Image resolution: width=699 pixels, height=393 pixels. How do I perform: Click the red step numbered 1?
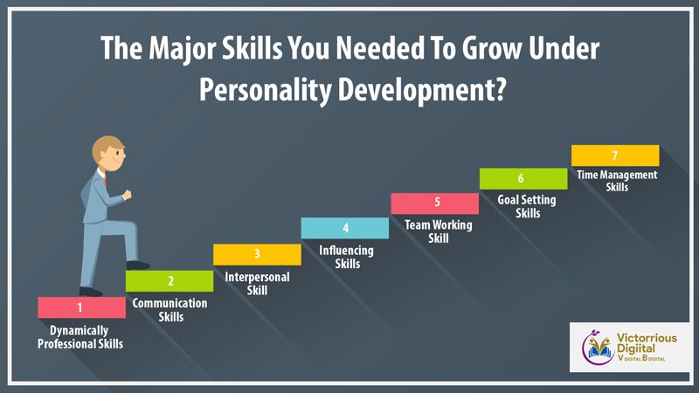pos(81,307)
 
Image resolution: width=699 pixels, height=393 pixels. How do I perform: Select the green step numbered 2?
pos(170,281)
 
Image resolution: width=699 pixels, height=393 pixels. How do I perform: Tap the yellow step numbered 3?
pos(257,254)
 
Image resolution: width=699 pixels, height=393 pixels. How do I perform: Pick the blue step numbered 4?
pos(345,228)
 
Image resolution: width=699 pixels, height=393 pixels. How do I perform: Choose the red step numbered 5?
pos(435,203)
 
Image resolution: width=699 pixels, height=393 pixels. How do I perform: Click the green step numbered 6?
pos(523,179)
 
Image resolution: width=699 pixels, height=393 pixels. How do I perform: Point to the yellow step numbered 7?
pos(615,155)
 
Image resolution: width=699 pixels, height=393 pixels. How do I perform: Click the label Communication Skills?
pos(170,310)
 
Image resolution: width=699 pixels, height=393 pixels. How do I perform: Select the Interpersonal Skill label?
pos(257,283)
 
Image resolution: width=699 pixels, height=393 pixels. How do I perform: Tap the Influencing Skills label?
pos(346,257)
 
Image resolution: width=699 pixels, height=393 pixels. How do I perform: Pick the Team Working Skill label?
pos(439,231)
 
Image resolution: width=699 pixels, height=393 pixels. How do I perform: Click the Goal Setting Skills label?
pos(527,206)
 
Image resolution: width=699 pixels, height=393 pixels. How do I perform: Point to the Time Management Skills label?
pos(617,181)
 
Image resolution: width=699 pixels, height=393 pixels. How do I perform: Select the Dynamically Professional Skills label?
pos(80,337)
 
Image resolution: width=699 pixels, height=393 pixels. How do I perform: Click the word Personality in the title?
pos(266,90)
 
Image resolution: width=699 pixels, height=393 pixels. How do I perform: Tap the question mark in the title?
pos(500,88)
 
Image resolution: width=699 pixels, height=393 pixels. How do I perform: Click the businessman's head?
pos(108,154)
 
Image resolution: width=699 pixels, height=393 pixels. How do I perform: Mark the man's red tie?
pos(106,181)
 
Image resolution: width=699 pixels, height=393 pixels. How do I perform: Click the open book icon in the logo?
pos(599,350)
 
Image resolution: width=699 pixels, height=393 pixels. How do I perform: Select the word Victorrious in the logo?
pos(647,338)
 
